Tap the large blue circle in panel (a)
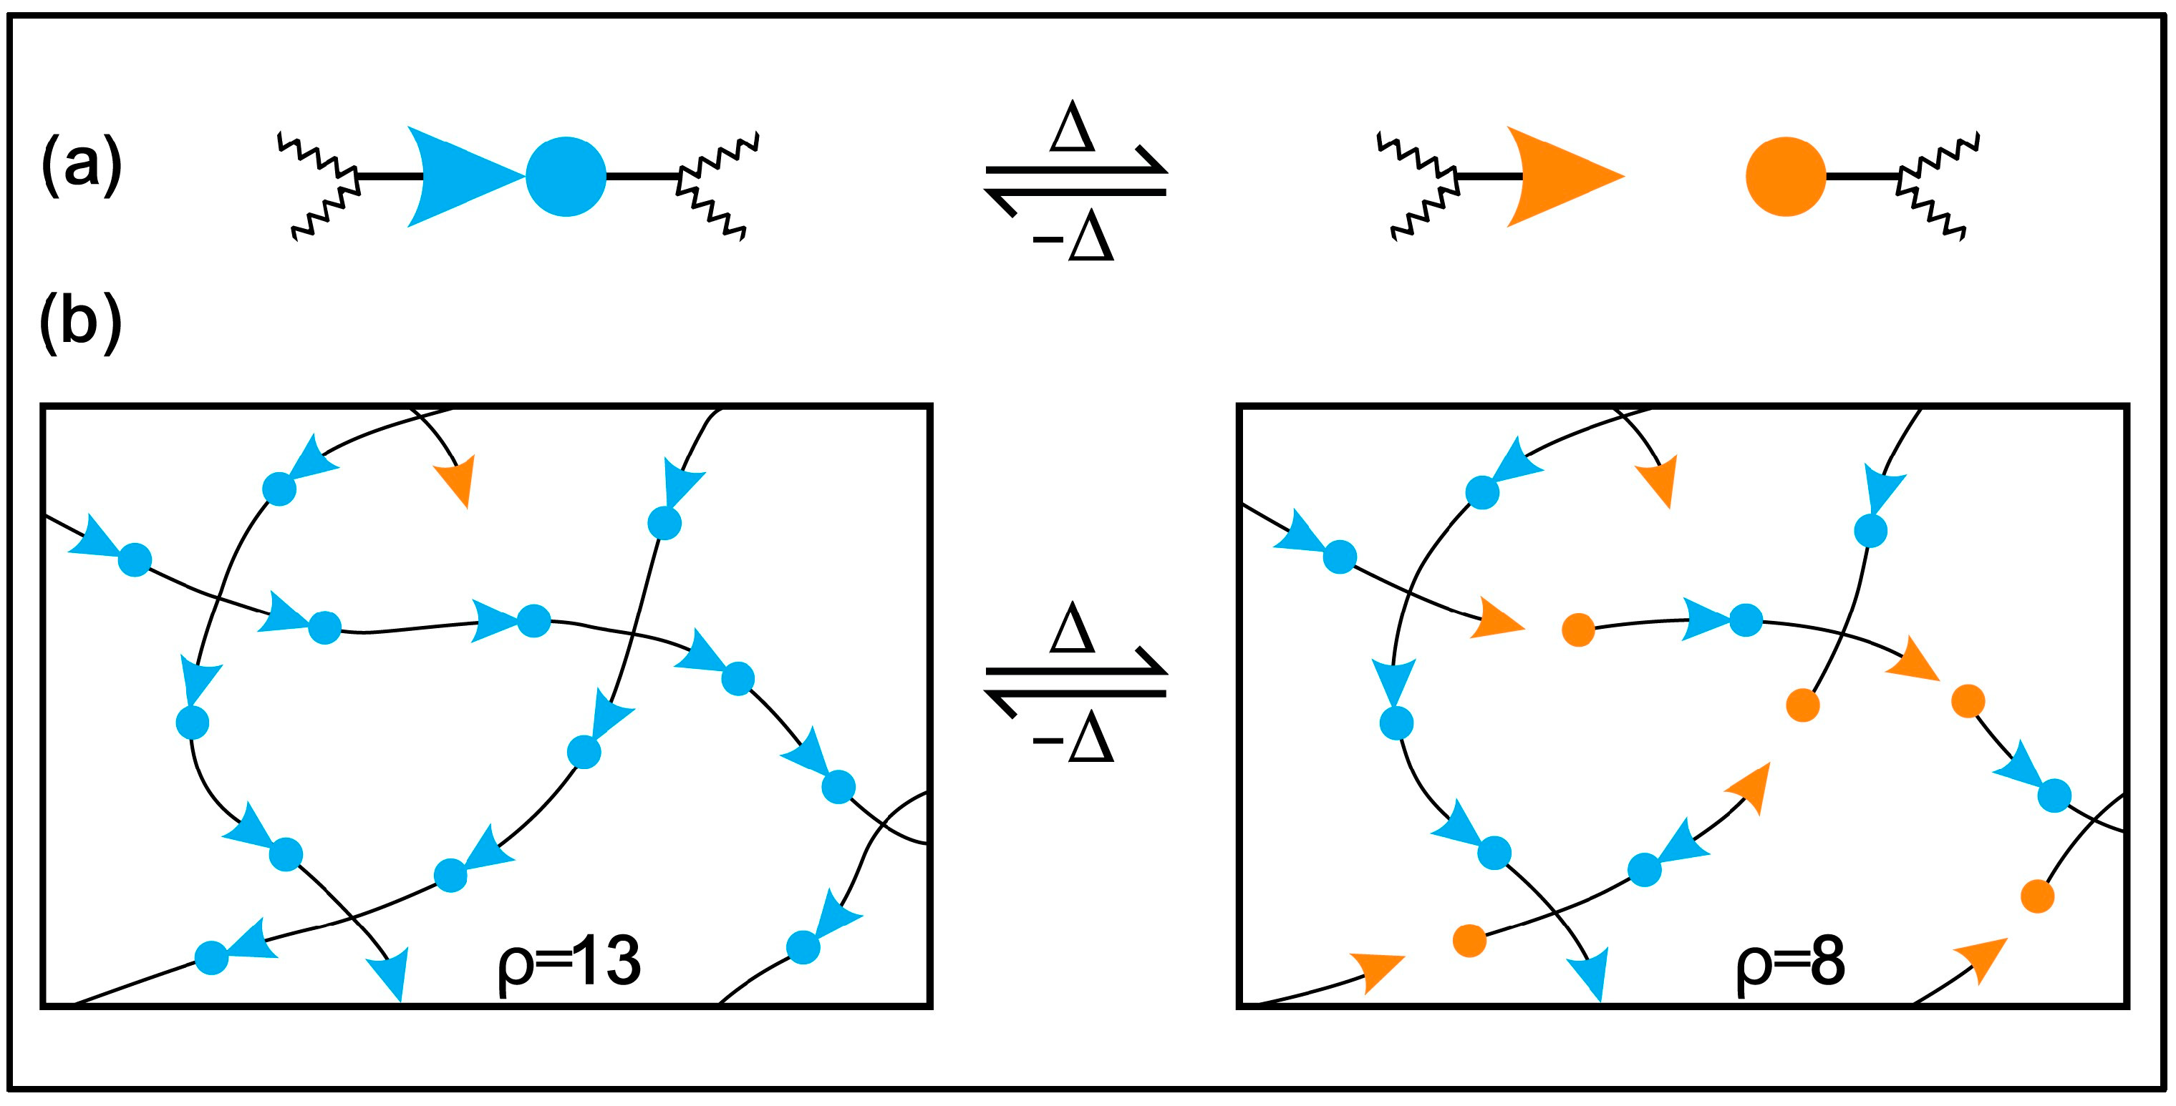coord(566,177)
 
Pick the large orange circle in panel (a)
coord(1786,177)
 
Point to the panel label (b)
coord(81,325)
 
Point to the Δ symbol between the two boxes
coord(1072,629)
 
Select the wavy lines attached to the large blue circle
coord(718,182)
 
